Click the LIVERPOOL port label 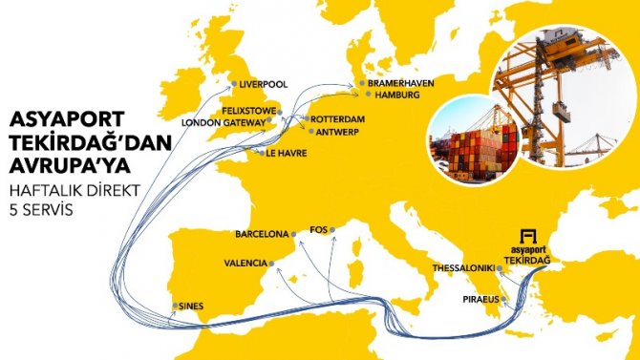click(x=264, y=84)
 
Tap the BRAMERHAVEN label click(x=403, y=84)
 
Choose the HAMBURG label click(x=398, y=96)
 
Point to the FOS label click(x=321, y=230)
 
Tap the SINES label click(x=192, y=307)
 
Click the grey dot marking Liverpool click(x=234, y=84)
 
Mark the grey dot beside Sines click(x=174, y=307)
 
